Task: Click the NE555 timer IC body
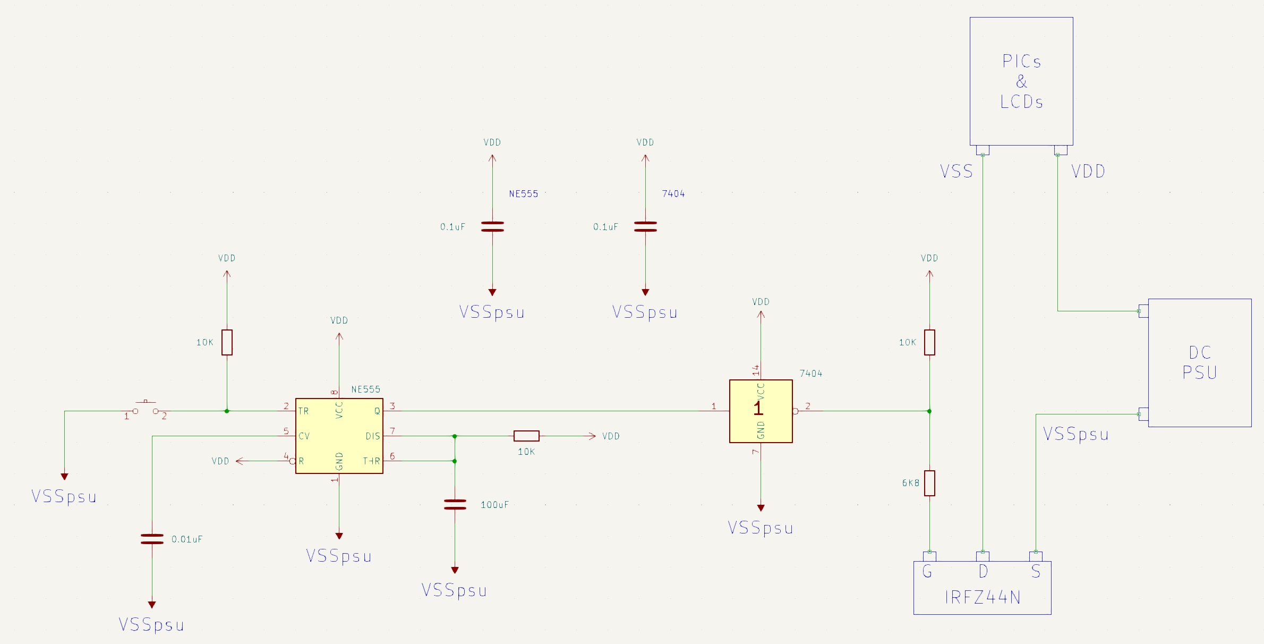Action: tap(339, 436)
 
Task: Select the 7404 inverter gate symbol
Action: tap(761, 411)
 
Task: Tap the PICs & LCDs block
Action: tap(1021, 81)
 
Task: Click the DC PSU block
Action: tap(1199, 362)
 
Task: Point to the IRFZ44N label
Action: tap(983, 598)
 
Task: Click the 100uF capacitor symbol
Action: tap(455, 504)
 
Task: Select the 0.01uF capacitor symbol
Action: tap(152, 539)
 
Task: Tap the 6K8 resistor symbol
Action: tap(929, 483)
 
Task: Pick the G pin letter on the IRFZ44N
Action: tap(927, 572)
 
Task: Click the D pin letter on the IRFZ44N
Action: tap(983, 572)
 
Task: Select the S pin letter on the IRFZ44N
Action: tap(1036, 572)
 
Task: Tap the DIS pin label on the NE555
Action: tap(372, 436)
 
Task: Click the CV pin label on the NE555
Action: tap(304, 436)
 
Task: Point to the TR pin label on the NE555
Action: tap(303, 411)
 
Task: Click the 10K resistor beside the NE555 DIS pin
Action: tap(526, 436)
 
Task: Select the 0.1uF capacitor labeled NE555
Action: tap(492, 227)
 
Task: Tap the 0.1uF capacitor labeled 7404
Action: tap(645, 227)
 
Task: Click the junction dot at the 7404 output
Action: tap(929, 411)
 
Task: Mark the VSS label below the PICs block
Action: tap(956, 171)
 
